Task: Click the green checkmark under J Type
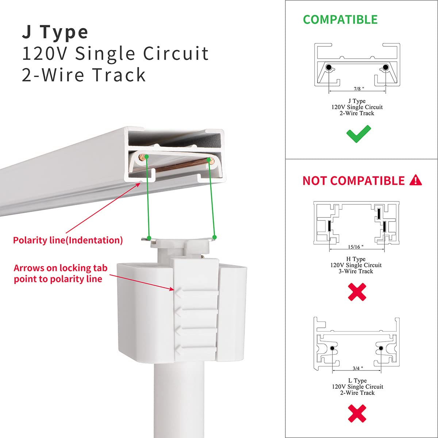(x=358, y=134)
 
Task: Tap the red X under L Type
(x=357, y=413)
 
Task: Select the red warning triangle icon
(x=416, y=180)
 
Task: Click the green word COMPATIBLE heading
(x=340, y=20)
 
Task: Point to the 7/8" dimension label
(x=359, y=89)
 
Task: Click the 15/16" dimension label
(x=356, y=247)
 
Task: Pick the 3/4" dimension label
(x=357, y=369)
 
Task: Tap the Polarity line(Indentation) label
(x=68, y=240)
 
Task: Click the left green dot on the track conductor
(x=146, y=157)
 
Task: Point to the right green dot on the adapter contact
(x=215, y=237)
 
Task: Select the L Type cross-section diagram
(x=357, y=345)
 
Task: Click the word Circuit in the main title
(x=176, y=54)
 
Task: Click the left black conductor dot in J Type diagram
(x=329, y=68)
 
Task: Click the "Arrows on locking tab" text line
(x=61, y=268)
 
